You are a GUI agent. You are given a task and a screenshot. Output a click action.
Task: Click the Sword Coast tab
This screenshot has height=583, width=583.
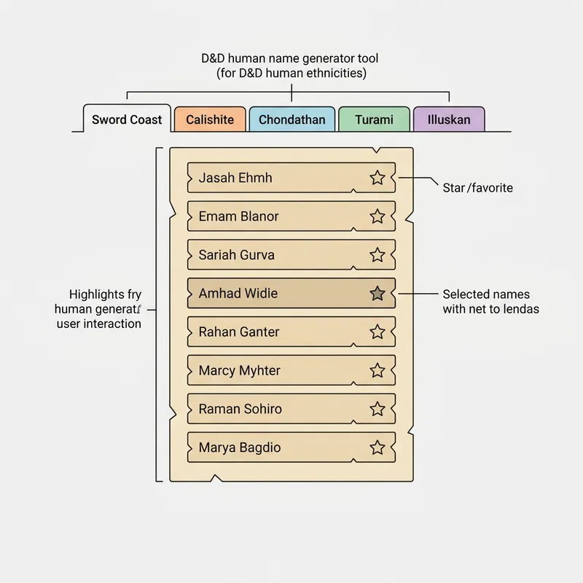[x=127, y=119]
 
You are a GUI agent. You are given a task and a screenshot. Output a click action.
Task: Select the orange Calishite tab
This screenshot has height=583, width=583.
[x=210, y=120]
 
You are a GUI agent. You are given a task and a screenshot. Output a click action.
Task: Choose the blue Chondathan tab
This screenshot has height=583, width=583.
[x=292, y=120]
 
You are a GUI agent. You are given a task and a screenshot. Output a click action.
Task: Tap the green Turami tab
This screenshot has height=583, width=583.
[x=374, y=120]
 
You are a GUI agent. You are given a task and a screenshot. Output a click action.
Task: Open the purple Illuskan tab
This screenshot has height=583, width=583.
[x=449, y=120]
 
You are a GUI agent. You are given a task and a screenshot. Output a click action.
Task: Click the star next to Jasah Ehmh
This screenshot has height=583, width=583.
[x=377, y=178]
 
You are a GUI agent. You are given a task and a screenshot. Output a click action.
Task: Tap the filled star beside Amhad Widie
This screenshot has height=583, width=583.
[x=377, y=294]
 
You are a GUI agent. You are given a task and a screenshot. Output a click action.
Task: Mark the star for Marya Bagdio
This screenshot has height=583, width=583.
[x=377, y=447]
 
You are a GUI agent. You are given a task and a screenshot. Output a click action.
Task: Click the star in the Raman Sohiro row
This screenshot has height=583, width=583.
[x=377, y=409]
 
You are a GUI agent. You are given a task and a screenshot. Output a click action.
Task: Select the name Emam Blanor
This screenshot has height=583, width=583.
[x=239, y=216]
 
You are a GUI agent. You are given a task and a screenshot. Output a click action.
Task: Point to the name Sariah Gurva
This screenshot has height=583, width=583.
[x=236, y=254]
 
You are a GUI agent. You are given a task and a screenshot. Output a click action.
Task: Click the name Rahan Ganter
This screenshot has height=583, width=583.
[x=239, y=332]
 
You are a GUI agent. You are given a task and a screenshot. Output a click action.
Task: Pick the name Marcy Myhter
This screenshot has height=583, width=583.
[x=240, y=371]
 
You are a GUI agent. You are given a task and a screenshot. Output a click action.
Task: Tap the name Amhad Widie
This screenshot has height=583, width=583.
[x=238, y=294]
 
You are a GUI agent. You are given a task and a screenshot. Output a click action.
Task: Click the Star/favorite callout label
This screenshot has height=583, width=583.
[x=478, y=188]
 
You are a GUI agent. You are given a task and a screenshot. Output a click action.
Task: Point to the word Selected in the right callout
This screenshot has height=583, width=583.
[x=465, y=294]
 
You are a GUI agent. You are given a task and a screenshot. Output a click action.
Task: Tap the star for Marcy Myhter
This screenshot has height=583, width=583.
[x=377, y=370]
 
